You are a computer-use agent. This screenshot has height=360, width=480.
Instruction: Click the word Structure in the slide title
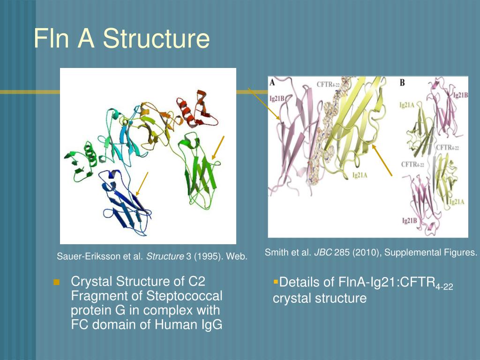pos(157,38)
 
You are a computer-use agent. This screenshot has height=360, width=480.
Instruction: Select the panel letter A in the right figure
pos(272,82)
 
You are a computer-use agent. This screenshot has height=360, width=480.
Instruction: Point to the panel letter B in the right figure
pos(402,83)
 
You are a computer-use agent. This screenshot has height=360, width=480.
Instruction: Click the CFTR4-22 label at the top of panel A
pos(329,84)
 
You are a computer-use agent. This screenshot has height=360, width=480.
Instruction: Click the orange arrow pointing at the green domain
pos(218,148)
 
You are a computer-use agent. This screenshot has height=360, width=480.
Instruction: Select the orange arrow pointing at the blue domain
pos(142,184)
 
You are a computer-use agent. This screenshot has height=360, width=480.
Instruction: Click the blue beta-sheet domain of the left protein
pos(123,202)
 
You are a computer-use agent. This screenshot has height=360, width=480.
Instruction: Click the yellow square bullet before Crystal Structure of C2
pos(57,282)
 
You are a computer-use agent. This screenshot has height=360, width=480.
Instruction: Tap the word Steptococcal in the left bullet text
pos(185,296)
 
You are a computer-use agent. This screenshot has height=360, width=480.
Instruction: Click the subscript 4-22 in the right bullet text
pos(444,287)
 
